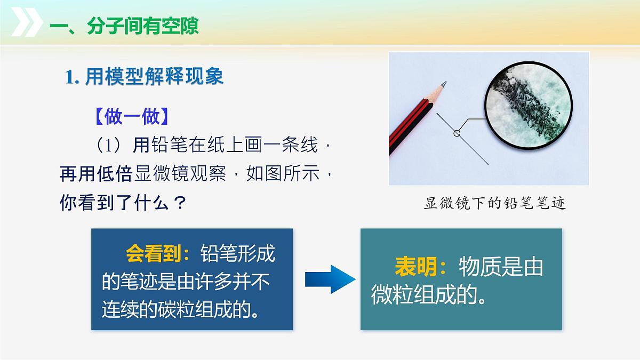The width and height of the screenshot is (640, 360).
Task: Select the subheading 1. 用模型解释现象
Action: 144,77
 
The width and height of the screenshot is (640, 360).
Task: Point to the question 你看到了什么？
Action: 123,203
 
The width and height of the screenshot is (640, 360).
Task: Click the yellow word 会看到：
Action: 158,254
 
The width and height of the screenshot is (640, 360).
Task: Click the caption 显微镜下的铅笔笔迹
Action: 494,203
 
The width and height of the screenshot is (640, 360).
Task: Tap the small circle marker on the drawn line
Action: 457,133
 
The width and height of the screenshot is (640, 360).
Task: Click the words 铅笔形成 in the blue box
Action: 238,254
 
